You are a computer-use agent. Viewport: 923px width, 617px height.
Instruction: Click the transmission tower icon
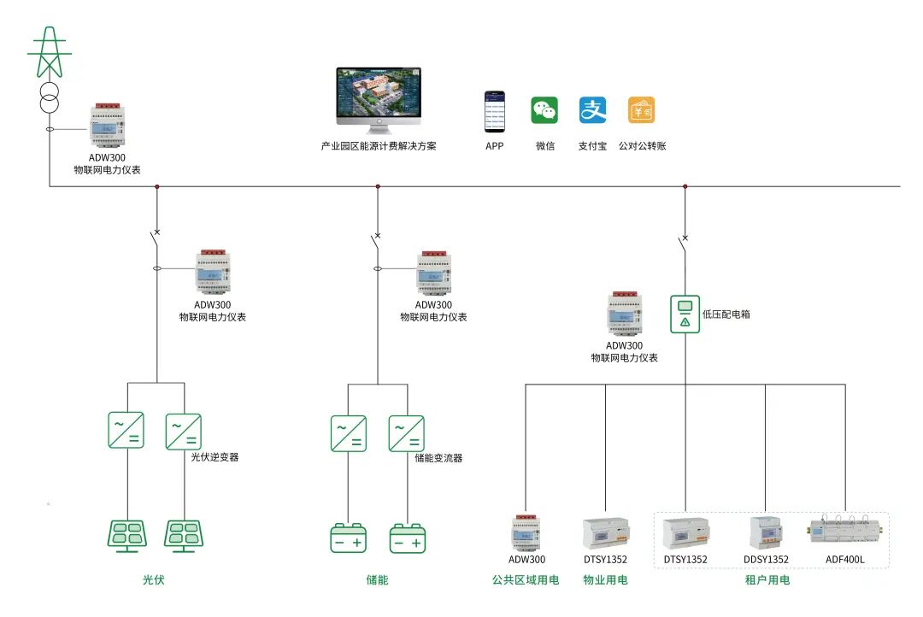coord(49,53)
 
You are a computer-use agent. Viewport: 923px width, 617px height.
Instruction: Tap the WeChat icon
coord(544,110)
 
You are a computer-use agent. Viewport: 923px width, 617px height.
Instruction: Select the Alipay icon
coord(592,110)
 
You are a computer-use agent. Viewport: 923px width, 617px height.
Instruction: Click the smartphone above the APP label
coord(495,111)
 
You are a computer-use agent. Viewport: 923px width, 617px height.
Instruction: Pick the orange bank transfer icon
coord(642,110)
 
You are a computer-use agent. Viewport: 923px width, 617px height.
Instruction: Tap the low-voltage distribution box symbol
coord(685,314)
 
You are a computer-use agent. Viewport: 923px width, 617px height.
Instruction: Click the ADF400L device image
coord(845,531)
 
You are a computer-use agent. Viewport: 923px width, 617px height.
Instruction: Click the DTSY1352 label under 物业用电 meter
coord(605,560)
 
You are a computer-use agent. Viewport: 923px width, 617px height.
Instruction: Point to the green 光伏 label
coord(153,580)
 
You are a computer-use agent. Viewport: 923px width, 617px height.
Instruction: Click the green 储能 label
coord(377,580)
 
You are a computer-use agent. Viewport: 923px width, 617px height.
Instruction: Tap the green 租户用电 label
coord(767,580)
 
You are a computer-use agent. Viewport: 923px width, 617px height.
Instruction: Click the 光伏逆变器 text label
coord(215,457)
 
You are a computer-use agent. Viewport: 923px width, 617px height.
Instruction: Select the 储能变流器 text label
coord(438,458)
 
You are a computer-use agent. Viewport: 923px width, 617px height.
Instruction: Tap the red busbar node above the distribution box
coord(685,185)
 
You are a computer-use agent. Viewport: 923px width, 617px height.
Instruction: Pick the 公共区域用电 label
coord(526,580)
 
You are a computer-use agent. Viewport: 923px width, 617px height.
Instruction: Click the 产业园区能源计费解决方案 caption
coord(379,146)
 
